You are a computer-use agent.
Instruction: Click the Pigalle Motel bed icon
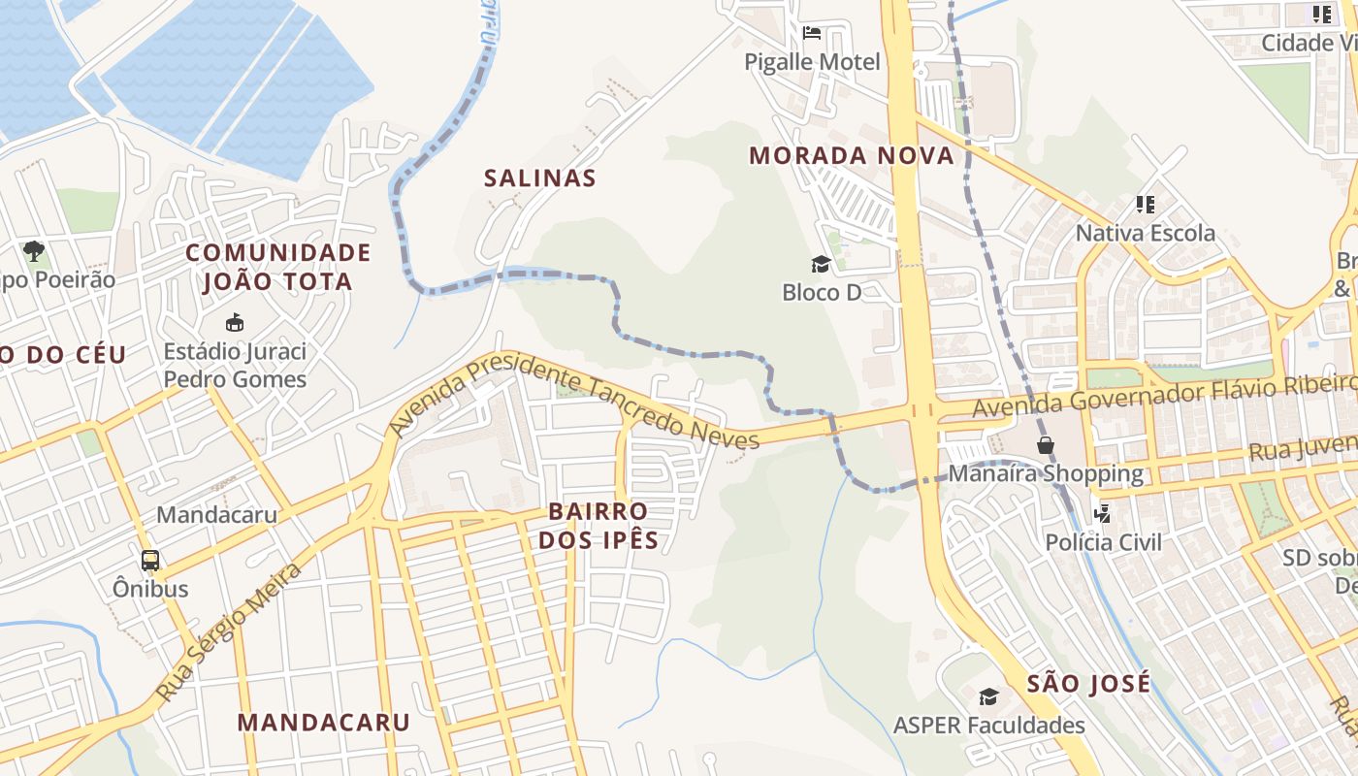[x=812, y=33]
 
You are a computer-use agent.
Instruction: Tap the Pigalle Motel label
[x=812, y=62]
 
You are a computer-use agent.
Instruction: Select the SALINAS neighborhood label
[x=540, y=178]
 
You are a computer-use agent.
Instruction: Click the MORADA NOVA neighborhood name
[x=851, y=155]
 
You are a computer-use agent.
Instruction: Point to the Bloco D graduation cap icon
[x=822, y=264]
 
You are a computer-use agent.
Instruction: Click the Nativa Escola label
[x=1145, y=233]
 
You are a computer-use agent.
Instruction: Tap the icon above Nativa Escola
[x=1146, y=205]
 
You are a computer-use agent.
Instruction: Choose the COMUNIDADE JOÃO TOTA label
[x=278, y=267]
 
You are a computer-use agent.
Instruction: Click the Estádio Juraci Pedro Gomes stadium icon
[x=234, y=322]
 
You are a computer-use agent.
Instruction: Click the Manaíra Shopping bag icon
[x=1046, y=445]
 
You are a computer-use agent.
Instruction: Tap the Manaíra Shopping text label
[x=1046, y=473]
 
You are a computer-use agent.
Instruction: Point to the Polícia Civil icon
[x=1102, y=514]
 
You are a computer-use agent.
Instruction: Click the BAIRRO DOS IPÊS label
[x=598, y=525]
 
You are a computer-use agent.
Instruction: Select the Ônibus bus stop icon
[x=150, y=560]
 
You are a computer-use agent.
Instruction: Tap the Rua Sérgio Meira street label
[x=229, y=631]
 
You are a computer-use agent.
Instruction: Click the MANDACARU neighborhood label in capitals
[x=324, y=722]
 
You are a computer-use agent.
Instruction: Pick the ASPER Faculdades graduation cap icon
[x=988, y=696]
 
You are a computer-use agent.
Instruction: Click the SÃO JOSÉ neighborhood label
[x=1088, y=683]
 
